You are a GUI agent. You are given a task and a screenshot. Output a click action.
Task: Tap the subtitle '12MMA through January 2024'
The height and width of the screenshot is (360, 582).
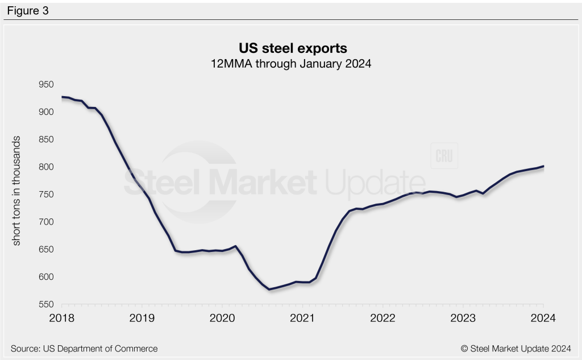click(x=290, y=63)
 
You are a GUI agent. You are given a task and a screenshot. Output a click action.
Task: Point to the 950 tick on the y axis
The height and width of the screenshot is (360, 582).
click(x=45, y=85)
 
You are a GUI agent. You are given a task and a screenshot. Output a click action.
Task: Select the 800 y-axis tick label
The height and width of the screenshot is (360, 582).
click(x=45, y=167)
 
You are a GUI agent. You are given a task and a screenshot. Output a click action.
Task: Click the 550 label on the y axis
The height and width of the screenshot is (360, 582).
click(x=45, y=305)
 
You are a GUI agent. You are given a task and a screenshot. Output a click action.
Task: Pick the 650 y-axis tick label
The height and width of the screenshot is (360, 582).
click(x=45, y=250)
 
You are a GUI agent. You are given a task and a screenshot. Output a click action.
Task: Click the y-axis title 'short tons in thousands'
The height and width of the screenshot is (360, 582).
click(x=16, y=191)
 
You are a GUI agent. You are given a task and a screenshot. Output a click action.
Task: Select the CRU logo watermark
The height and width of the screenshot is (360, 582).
click(x=444, y=156)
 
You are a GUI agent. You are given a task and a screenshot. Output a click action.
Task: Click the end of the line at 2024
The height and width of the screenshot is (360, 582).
click(x=543, y=166)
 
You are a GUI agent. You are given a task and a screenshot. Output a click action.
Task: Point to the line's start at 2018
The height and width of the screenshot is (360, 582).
click(x=62, y=97)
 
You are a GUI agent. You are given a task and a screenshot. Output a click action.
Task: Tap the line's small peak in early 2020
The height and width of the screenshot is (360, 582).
click(x=235, y=246)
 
